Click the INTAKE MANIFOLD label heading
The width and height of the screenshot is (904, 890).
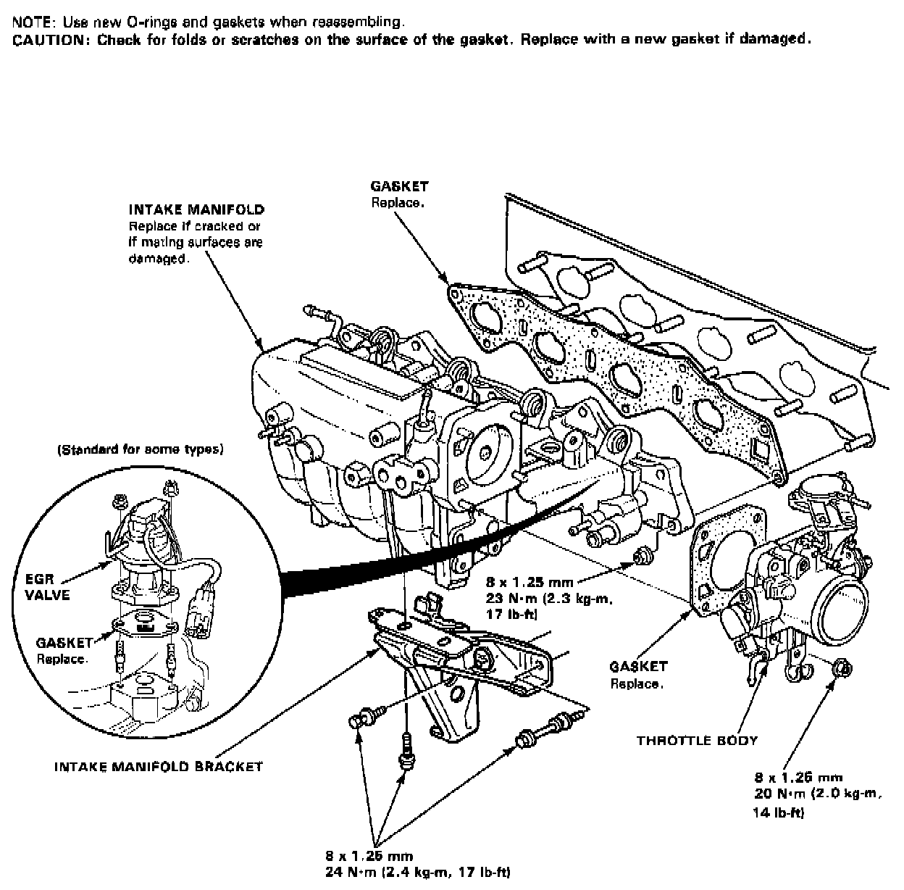pos(196,210)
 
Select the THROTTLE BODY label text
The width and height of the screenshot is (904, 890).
pos(697,741)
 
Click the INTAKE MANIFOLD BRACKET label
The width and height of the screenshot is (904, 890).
pos(158,766)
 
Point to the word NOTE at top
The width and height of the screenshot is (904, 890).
pos(29,23)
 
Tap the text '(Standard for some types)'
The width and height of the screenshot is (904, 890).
pos(141,449)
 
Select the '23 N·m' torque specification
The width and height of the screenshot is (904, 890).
pos(510,600)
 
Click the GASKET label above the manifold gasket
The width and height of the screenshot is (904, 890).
pos(399,187)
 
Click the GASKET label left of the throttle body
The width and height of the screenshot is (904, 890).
pos(638,667)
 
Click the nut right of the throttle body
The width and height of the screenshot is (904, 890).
pos(842,667)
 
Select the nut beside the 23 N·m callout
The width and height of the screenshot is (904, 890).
pos(640,557)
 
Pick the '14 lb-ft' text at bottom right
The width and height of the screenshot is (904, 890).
pos(779,813)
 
